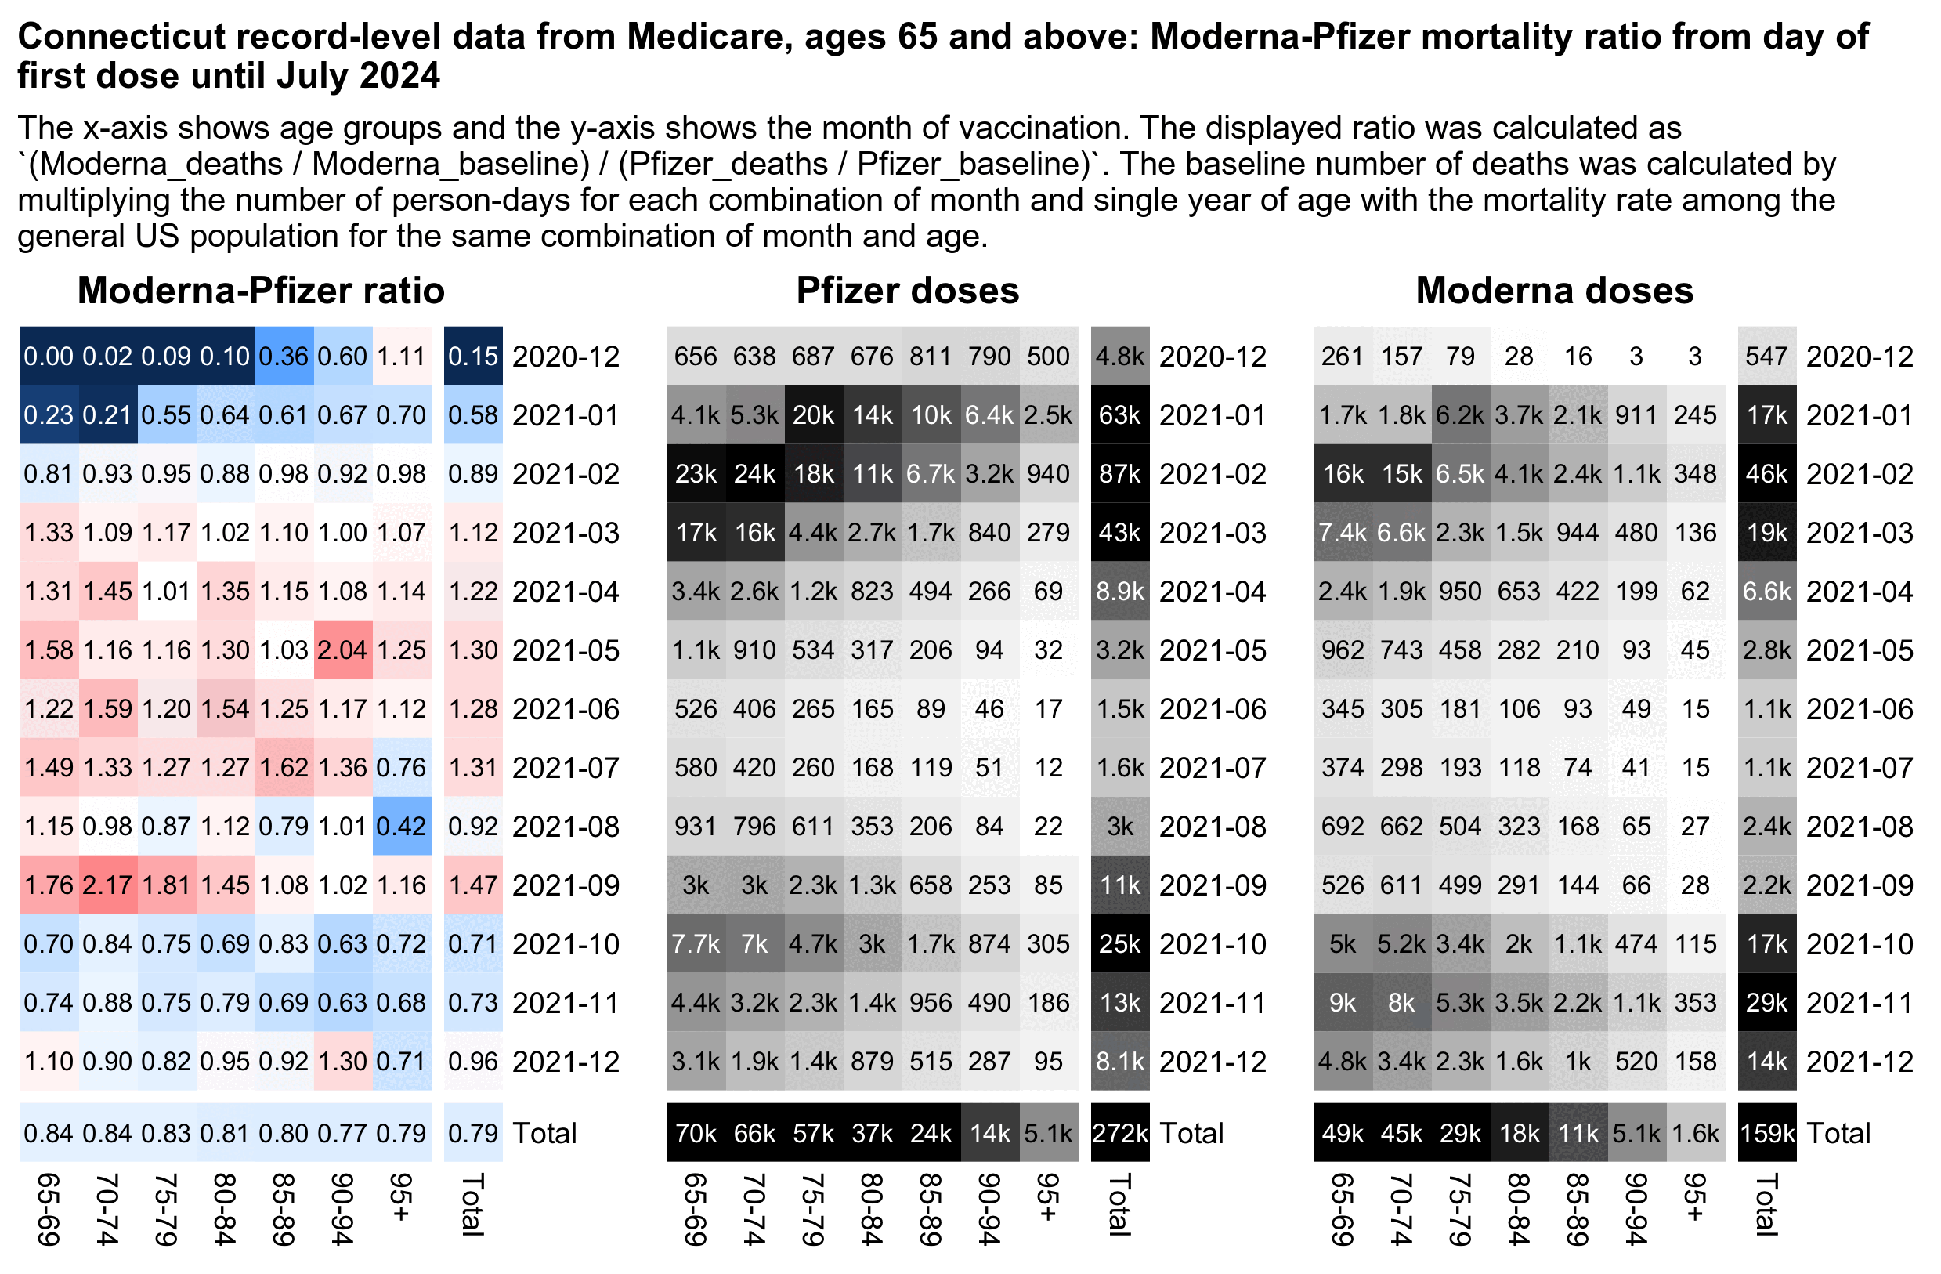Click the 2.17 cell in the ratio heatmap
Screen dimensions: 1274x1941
(x=107, y=885)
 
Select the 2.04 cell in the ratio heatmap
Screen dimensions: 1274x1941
(x=342, y=650)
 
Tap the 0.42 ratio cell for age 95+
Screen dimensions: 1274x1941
(x=401, y=827)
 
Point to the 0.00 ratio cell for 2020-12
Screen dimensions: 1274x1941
(x=49, y=357)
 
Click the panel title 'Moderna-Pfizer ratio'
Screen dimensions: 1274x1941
(x=261, y=291)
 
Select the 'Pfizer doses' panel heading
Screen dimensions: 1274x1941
(x=908, y=291)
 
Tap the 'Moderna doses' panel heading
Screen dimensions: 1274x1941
(x=1554, y=291)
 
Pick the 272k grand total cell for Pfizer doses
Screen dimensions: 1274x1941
(x=1120, y=1133)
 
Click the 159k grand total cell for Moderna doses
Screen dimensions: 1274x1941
(x=1766, y=1133)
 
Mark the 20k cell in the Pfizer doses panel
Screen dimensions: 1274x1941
(x=813, y=415)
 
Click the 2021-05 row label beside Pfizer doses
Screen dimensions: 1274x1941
(x=1213, y=650)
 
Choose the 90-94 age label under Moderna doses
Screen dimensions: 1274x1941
(x=1636, y=1209)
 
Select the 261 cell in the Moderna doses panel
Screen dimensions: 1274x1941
(x=1343, y=357)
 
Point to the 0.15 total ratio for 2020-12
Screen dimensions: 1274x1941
(x=473, y=357)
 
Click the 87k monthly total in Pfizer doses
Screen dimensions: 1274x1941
(x=1120, y=474)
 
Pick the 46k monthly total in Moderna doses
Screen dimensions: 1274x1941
(x=1766, y=474)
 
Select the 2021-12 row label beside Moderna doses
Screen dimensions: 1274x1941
(x=1860, y=1061)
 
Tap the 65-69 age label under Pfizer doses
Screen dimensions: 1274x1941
(x=695, y=1209)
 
